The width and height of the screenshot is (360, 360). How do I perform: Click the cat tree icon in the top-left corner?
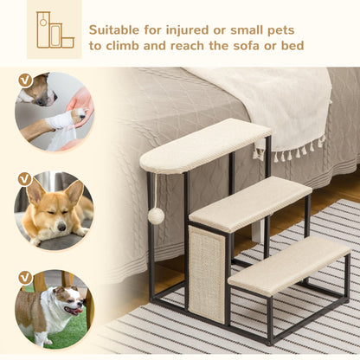pyautogui.click(x=55, y=29)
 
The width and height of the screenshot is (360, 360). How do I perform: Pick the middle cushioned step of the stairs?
pyautogui.click(x=250, y=203)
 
